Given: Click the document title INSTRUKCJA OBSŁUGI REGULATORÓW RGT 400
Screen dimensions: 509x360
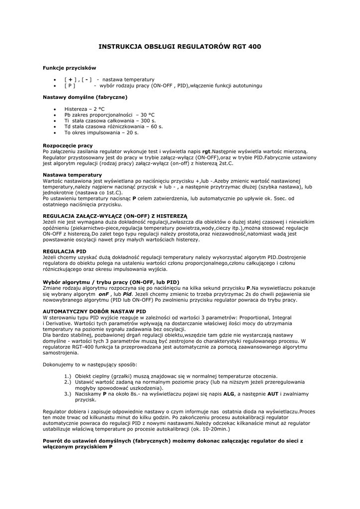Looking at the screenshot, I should tap(180, 47).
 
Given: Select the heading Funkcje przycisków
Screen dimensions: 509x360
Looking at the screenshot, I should tap(69, 68).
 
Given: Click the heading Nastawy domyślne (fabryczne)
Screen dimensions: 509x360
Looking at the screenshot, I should tap(85, 97).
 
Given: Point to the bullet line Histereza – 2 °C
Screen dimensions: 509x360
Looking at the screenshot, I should tap(85, 109).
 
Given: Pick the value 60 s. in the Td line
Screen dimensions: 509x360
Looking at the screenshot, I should tap(154, 127).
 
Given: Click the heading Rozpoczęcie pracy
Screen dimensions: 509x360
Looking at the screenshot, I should tap(68, 145).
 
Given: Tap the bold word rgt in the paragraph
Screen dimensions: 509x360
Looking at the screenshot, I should tap(206, 151).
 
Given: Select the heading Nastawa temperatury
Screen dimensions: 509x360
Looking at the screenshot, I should tap(72, 174).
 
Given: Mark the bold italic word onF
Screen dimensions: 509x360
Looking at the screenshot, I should tap(103, 294).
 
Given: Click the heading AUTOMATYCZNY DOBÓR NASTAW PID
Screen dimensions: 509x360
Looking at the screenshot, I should tap(94, 311).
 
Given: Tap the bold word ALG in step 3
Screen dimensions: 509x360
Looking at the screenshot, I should tap(228, 394).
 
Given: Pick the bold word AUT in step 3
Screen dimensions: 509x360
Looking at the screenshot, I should tap(273, 394).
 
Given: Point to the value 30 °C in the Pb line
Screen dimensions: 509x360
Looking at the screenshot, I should tap(148, 115).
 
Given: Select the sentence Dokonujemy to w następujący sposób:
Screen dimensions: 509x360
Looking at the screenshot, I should tap(90, 364).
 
